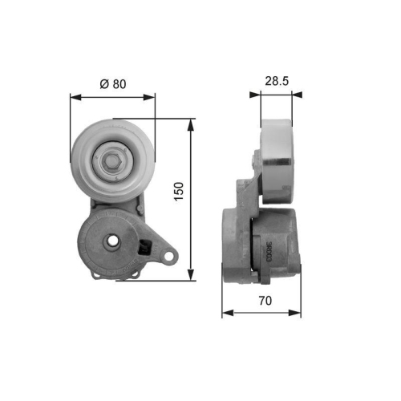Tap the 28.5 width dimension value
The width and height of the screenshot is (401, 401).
pyautogui.click(x=275, y=81)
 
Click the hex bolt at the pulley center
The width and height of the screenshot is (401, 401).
pyautogui.click(x=112, y=160)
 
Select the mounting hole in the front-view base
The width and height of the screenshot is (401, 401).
pyautogui.click(x=113, y=241)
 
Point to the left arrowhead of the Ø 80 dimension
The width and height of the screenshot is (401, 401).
pyautogui.click(x=75, y=97)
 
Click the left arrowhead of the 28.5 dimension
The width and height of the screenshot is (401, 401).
pyautogui.click(x=255, y=95)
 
